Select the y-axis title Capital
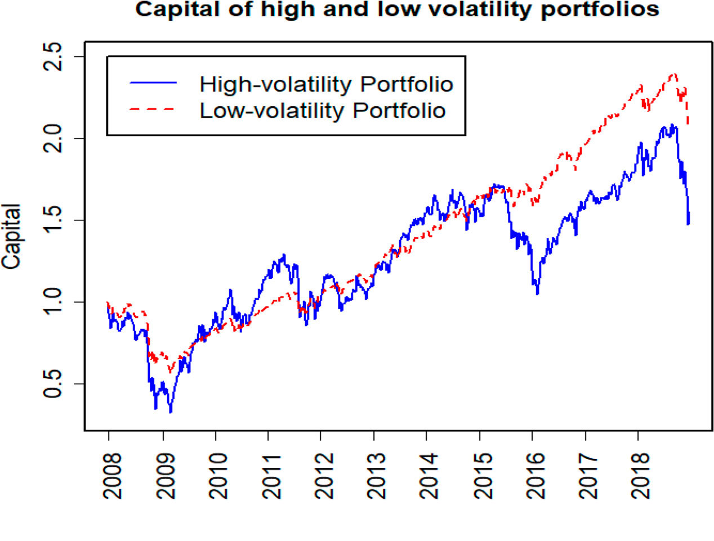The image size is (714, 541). pyautogui.click(x=11, y=237)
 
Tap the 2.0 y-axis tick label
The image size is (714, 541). pyautogui.click(x=53, y=138)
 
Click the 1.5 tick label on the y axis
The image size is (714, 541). pyautogui.click(x=53, y=220)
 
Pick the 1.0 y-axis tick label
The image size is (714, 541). pyautogui.click(x=53, y=302)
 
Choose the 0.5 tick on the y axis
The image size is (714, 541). pyautogui.click(x=53, y=384)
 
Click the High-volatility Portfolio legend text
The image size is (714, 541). pyautogui.click(x=326, y=84)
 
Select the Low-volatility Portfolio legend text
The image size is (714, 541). pyautogui.click(x=323, y=111)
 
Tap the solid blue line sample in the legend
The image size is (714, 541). pyautogui.click(x=153, y=83)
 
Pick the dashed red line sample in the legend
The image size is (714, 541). pyautogui.click(x=153, y=109)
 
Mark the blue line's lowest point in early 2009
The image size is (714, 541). pyautogui.click(x=171, y=412)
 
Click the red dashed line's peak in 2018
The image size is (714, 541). pyautogui.click(x=674, y=74)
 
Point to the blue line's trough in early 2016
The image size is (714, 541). pyautogui.click(x=537, y=294)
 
